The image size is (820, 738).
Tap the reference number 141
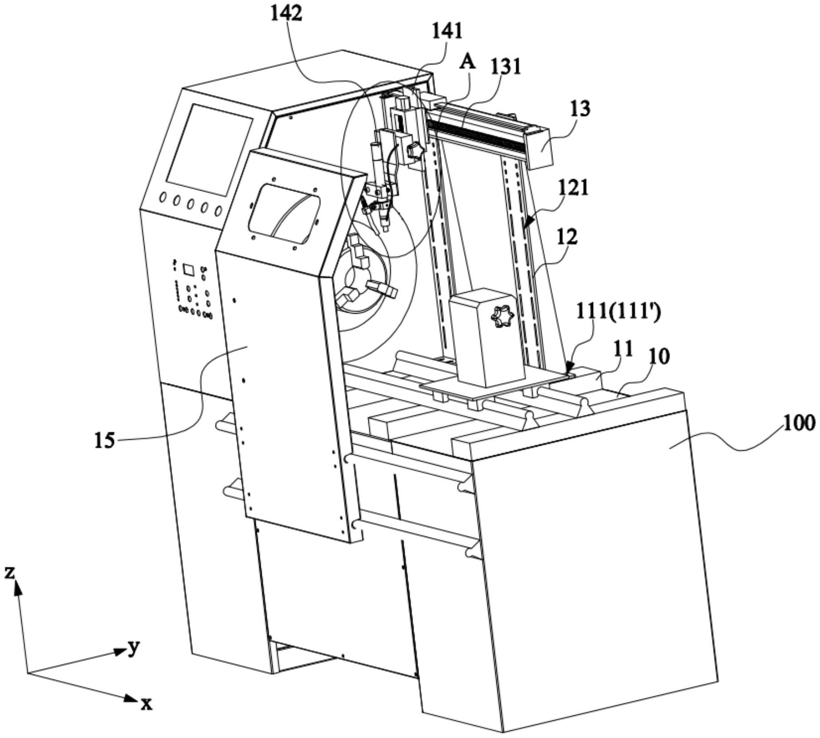click(x=448, y=31)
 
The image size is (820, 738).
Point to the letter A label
click(x=467, y=62)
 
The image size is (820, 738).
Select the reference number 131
click(x=505, y=67)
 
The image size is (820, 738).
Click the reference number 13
click(x=580, y=109)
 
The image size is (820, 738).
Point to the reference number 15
click(x=104, y=440)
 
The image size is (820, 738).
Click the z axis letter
click(x=9, y=572)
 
